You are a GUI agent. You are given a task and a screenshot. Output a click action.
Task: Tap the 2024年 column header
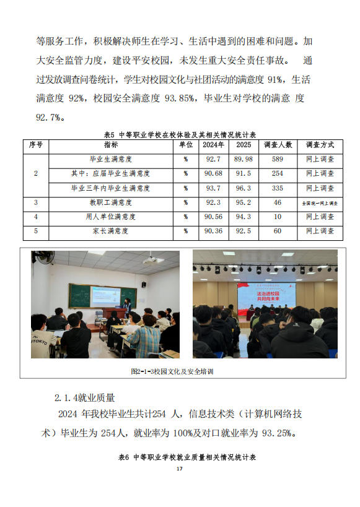tap(214, 145)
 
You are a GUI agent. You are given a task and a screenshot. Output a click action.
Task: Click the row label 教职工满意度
tap(111, 202)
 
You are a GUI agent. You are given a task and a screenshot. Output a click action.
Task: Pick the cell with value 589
tap(278, 160)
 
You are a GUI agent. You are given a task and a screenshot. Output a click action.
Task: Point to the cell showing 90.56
tap(214, 217)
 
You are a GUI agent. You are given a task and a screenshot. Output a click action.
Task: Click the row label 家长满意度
tap(111, 232)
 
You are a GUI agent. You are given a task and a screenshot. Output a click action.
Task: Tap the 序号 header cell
tap(36, 145)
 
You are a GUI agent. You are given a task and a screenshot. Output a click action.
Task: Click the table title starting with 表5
tap(180, 134)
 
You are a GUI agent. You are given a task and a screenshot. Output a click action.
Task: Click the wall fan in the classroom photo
tap(43, 258)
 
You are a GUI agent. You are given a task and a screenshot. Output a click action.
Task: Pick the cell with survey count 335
tap(278, 188)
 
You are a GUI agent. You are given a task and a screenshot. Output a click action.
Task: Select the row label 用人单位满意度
tap(111, 217)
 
